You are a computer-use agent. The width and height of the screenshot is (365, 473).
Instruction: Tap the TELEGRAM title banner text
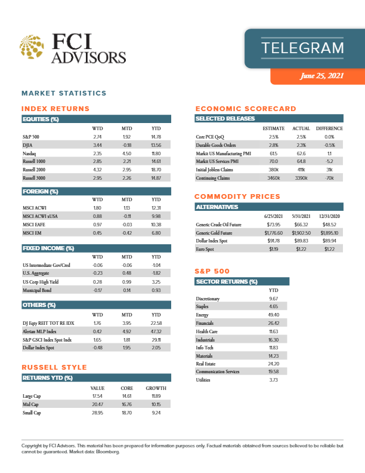pyautogui.click(x=302, y=47)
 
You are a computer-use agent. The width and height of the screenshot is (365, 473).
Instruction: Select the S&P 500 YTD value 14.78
pyautogui.click(x=156, y=137)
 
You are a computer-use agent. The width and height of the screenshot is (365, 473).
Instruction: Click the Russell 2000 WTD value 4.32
pyautogui.click(x=97, y=170)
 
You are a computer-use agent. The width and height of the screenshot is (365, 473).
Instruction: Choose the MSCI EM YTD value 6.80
pyautogui.click(x=156, y=234)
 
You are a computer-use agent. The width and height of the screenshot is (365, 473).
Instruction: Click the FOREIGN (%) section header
pyautogui.click(x=41, y=192)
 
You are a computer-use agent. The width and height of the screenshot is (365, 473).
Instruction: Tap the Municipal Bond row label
pyautogui.click(x=40, y=290)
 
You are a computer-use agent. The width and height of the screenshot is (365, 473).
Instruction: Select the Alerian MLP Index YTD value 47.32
pyautogui.click(x=156, y=331)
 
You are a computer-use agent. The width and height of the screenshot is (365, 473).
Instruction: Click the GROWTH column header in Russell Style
pyautogui.click(x=156, y=388)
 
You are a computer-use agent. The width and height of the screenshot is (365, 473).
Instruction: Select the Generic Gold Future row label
pyautogui.click(x=220, y=232)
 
